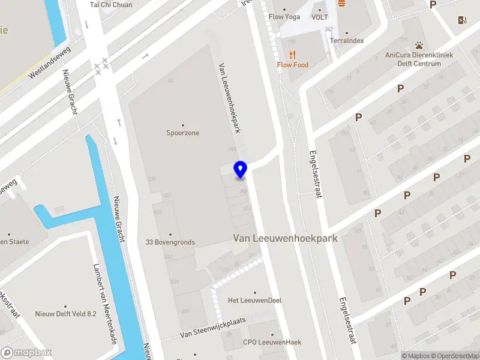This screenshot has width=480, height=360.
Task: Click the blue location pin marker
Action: tap(241, 169)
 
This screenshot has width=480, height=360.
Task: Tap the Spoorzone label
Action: tap(182, 133)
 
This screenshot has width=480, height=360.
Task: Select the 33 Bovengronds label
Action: tap(170, 242)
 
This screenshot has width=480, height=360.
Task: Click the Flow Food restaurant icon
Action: tap(293, 55)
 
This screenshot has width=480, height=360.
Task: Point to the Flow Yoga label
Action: tap(284, 17)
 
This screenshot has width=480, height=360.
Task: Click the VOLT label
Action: tap(319, 17)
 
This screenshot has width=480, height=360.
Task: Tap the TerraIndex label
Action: tap(347, 41)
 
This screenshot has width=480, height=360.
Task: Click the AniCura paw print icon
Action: tap(419, 45)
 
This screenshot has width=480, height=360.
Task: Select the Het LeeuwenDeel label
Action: tap(254, 300)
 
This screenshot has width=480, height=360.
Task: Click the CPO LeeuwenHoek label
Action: tap(272, 342)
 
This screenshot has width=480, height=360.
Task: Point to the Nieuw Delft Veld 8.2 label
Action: tap(66, 313)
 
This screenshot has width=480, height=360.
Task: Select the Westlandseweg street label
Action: tap(50, 64)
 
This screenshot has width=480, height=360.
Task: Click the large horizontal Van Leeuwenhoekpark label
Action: tap(285, 238)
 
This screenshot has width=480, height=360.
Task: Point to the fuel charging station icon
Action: tap(462, 20)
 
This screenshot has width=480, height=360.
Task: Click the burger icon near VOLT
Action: tap(341, 3)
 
